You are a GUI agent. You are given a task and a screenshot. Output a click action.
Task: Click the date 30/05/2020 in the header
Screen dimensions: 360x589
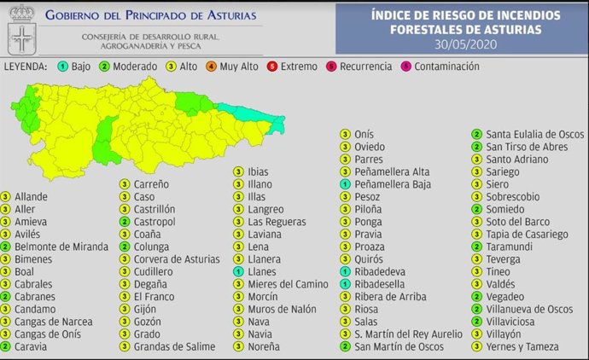click(x=465, y=44)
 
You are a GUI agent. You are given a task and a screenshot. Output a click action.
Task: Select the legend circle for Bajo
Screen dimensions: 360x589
click(x=63, y=67)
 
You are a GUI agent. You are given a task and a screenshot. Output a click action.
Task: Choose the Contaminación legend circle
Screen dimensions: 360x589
click(x=406, y=67)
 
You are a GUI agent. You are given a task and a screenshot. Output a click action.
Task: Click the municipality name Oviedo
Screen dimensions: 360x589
click(x=370, y=146)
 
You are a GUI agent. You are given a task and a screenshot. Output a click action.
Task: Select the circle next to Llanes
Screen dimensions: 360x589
click(x=237, y=271)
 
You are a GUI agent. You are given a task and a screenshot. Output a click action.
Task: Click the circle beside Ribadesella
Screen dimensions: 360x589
click(x=344, y=284)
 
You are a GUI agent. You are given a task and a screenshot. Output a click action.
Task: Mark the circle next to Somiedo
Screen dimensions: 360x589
click(x=475, y=209)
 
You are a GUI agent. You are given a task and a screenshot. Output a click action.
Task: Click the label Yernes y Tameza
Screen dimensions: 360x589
click(x=522, y=346)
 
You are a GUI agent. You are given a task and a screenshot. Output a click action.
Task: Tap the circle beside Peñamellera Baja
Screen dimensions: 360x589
click(x=344, y=184)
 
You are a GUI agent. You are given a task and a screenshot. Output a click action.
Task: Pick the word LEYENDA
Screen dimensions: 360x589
click(x=26, y=67)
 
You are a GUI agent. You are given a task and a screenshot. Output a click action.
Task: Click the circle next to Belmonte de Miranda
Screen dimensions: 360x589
click(x=6, y=247)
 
